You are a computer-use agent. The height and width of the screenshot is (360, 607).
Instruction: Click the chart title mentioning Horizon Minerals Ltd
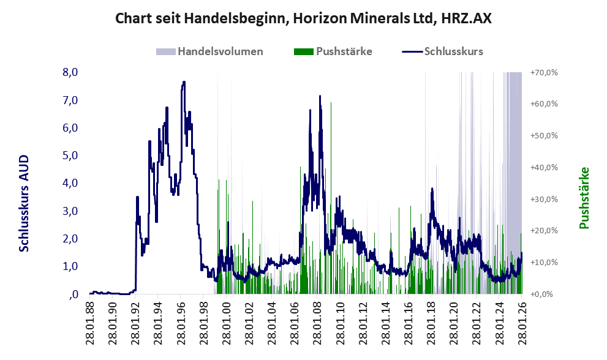304,19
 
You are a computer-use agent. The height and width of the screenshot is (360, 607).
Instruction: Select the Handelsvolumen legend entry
210,51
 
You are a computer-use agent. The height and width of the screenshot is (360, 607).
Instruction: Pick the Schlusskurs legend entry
443,51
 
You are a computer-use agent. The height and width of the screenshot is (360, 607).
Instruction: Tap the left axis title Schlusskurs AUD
25,203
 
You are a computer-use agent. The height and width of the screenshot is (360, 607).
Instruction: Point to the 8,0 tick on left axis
70,72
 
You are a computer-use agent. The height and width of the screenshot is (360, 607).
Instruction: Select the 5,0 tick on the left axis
70,156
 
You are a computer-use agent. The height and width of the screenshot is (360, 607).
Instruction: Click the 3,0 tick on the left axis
70,211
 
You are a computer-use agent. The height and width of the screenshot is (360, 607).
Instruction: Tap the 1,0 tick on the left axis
70,266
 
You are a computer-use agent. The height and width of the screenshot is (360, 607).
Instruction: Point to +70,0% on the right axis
543,72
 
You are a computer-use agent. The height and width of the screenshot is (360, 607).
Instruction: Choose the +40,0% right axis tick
543,167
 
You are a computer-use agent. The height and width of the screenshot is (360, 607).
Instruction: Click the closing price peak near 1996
183,82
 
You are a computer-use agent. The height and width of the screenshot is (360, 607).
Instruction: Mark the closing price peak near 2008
320,96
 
